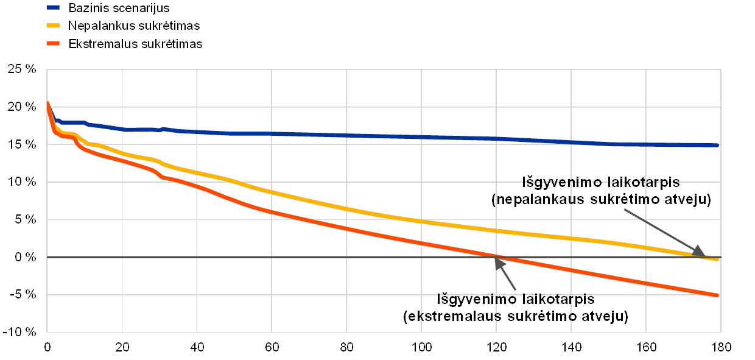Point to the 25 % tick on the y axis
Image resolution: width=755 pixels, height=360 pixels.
(24, 70)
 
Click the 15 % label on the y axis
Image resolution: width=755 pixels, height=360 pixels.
(24, 145)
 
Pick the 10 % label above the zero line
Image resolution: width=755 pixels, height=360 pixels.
(24, 182)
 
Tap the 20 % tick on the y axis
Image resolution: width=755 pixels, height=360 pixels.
(24, 107)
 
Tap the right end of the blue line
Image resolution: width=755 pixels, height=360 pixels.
(719, 145)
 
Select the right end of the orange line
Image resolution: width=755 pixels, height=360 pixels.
(719, 295)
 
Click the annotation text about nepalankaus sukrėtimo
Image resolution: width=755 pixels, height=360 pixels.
(601, 191)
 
